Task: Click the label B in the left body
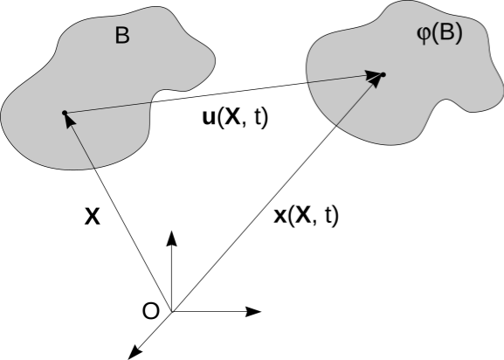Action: pyautogui.click(x=122, y=35)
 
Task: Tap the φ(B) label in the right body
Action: pyautogui.click(x=439, y=33)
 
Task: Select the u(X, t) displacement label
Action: pyautogui.click(x=235, y=118)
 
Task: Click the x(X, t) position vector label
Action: pyautogui.click(x=306, y=215)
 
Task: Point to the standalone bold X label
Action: pyautogui.click(x=93, y=217)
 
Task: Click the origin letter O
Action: pyautogui.click(x=151, y=311)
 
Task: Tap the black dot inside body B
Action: pyautogui.click(x=65, y=113)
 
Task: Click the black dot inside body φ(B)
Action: pyautogui.click(x=383, y=75)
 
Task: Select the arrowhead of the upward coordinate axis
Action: pyautogui.click(x=172, y=239)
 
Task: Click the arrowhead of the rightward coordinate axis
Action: pyautogui.click(x=253, y=311)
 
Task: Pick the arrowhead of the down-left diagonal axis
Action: pyautogui.click(x=135, y=351)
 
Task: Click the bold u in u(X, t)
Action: pyautogui.click(x=210, y=119)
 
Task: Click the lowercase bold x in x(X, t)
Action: pyautogui.click(x=280, y=217)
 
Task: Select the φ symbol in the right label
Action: pyautogui.click(x=424, y=35)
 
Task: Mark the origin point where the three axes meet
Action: pyautogui.click(x=172, y=311)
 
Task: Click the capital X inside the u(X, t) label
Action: pyautogui.click(x=232, y=117)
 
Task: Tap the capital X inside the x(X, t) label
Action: pyautogui.click(x=303, y=215)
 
